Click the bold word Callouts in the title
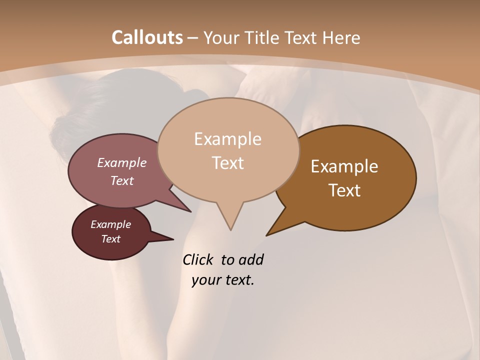147,37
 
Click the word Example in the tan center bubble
227,139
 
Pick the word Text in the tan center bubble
228,163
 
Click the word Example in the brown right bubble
344,166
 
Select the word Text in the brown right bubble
345,190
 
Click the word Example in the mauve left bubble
122,162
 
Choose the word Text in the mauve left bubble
122,180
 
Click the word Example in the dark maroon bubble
110,224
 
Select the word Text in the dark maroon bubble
110,239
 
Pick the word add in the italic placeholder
251,260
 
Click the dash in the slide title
193,38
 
